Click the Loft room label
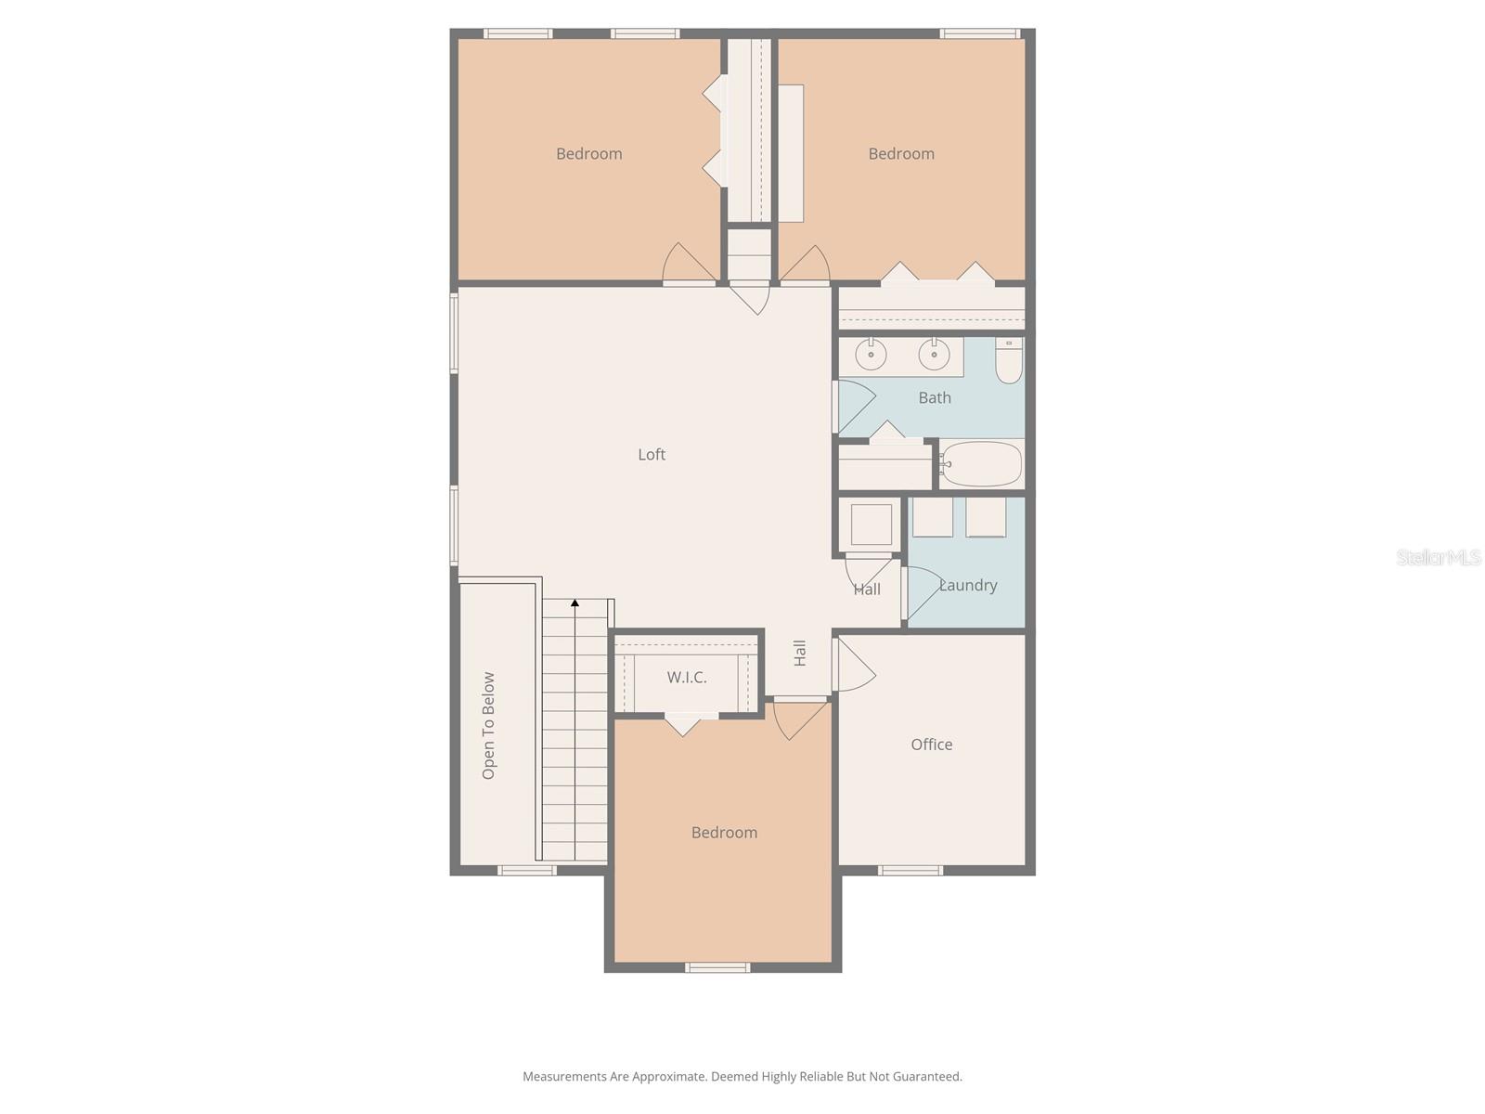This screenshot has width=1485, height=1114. [x=652, y=454]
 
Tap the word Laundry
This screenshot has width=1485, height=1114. [x=968, y=585]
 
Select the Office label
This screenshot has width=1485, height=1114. [x=931, y=744]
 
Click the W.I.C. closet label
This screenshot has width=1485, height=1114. [x=687, y=677]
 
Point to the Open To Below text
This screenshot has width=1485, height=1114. [x=488, y=726]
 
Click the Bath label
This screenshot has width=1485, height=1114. [x=935, y=397]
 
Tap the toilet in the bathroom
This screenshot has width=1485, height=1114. [x=1009, y=361]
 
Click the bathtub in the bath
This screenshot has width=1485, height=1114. [x=982, y=463]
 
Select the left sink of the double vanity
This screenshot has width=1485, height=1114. [x=872, y=354]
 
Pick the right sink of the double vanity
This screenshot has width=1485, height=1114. [x=934, y=354]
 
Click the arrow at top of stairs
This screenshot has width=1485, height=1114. [x=575, y=603]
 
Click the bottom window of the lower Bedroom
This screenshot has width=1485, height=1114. [x=717, y=967]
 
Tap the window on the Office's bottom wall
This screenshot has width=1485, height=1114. [x=910, y=870]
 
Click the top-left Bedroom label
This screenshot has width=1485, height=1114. [x=589, y=153]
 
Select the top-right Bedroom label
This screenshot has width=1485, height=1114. [x=901, y=153]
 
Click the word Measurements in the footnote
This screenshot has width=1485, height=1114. [x=563, y=1077]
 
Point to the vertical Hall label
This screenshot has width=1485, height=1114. [x=800, y=653]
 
